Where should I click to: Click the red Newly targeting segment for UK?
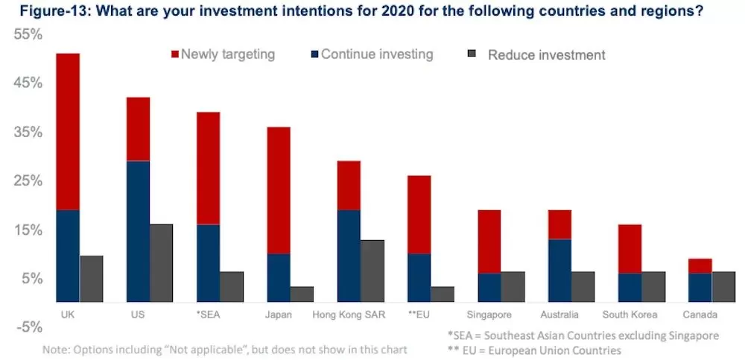coord(68,132)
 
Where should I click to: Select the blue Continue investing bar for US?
coord(138,232)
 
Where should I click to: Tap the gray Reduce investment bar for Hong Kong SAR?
coord(372,271)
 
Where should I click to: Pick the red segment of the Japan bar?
coord(279,191)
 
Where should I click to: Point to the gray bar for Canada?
coord(723,287)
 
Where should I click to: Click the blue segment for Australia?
coord(559,271)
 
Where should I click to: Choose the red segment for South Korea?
coord(630,249)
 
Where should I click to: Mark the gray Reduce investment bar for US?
coord(161,263)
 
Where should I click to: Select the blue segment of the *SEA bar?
coord(208,263)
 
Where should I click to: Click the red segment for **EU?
coord(419,215)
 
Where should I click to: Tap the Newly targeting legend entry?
coord(223,54)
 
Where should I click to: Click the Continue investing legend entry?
coord(372,54)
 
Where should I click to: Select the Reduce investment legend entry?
coord(537,55)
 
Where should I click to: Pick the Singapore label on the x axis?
coord(489,315)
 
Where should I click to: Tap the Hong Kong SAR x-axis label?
coord(348,315)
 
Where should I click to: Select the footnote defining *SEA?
coord(583,335)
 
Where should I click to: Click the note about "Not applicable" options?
coord(225,350)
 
